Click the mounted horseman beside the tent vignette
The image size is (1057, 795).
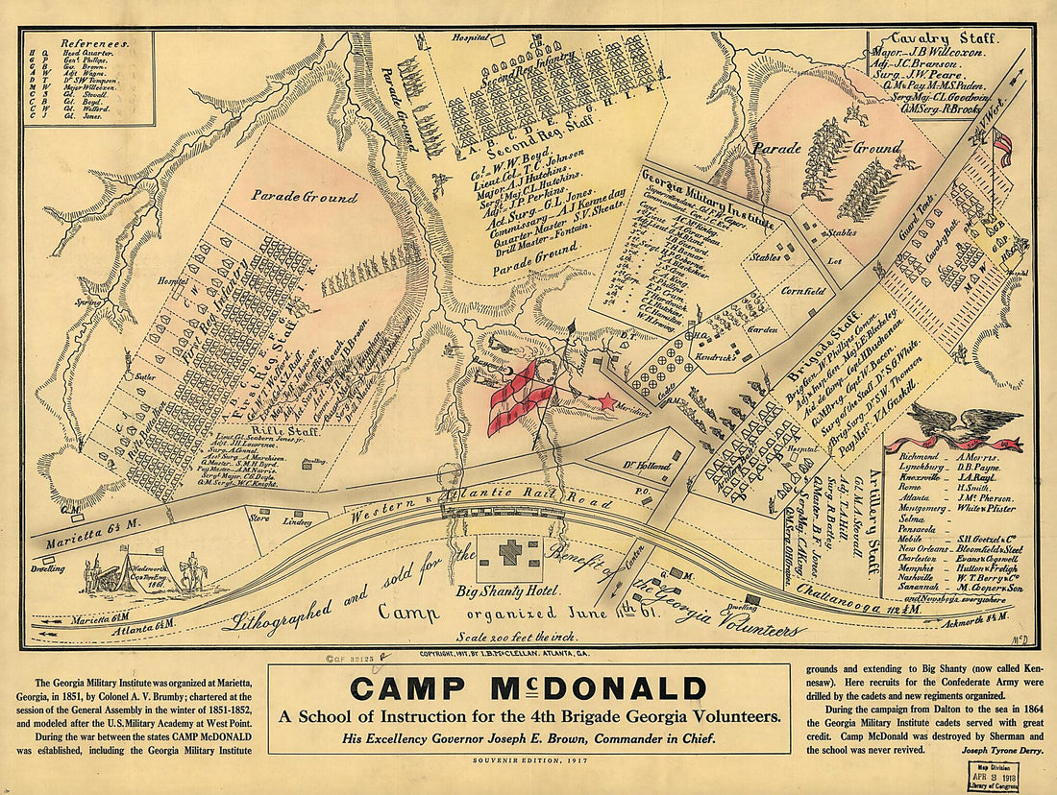197,573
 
